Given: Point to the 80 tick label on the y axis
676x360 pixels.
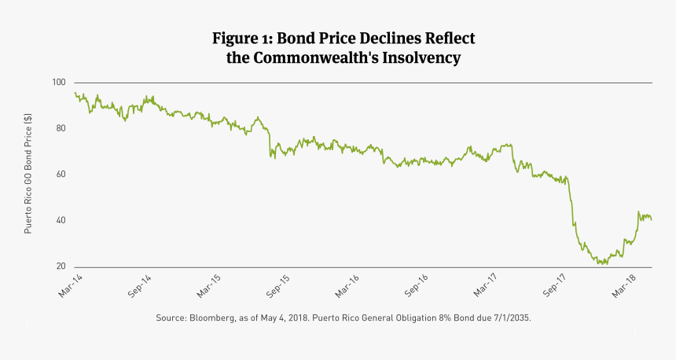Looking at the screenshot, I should point(61,128).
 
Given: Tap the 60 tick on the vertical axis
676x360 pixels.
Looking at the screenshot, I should point(61,174).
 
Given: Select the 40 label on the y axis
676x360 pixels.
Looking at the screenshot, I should point(61,221).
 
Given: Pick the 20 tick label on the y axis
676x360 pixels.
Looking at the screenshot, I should point(61,267).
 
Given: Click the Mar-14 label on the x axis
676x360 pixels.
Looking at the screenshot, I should point(69,285).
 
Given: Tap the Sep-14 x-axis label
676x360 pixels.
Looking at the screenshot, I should point(139,285).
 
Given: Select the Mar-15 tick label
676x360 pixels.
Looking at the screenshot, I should point(208,285).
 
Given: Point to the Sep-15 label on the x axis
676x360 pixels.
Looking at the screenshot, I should point(278,285).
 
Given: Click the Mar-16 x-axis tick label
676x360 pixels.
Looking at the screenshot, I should point(347,285).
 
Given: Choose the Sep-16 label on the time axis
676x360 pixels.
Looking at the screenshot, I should point(417,285).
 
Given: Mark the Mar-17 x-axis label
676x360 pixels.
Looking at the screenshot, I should point(486,285).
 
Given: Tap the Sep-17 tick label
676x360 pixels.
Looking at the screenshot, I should point(556,285).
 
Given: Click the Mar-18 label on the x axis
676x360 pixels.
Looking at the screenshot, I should point(625,285).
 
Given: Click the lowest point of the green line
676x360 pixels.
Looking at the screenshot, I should point(603,263).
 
